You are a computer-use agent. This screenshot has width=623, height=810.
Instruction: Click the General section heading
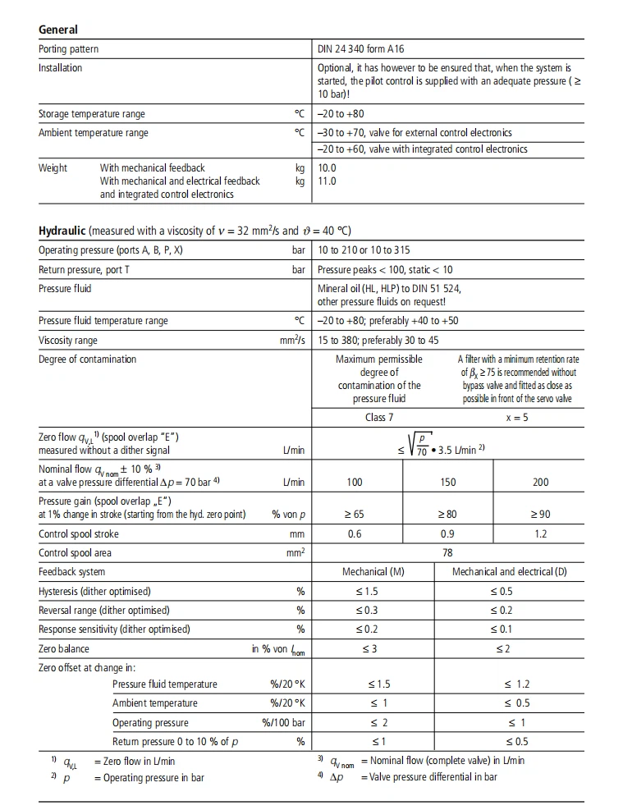click(x=58, y=30)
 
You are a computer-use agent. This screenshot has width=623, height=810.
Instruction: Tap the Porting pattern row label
click(x=69, y=49)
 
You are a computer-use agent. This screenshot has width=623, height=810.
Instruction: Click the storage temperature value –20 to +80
click(x=341, y=114)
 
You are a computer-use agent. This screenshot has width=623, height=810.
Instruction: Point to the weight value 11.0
click(x=327, y=181)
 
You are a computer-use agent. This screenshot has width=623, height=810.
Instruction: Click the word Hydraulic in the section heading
click(x=62, y=231)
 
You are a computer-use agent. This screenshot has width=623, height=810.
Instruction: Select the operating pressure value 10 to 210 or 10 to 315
click(x=364, y=250)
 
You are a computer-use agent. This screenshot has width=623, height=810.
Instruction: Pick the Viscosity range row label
click(x=67, y=341)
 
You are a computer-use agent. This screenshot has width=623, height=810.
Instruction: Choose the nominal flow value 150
click(x=448, y=483)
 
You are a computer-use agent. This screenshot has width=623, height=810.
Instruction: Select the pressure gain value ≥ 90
click(x=540, y=515)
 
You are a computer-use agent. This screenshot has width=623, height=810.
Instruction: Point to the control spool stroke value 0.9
click(x=448, y=534)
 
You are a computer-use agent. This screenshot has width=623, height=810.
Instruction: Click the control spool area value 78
click(x=448, y=553)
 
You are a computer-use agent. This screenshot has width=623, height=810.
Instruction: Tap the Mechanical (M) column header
click(x=373, y=572)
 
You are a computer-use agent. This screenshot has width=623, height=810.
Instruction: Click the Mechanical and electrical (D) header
click(x=509, y=572)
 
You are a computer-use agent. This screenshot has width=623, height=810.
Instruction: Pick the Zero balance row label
click(x=64, y=649)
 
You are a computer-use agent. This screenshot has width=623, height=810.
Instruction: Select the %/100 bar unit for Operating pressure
click(x=283, y=723)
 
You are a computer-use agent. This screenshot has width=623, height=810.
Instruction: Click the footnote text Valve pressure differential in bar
click(x=433, y=777)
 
